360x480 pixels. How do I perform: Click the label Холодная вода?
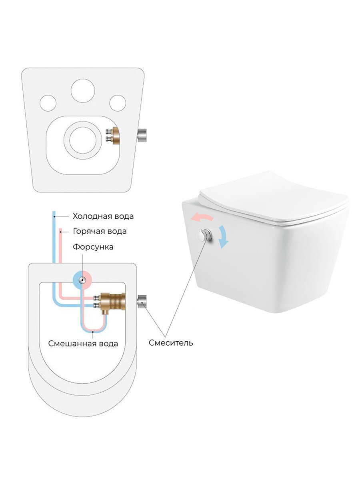(x=103, y=216)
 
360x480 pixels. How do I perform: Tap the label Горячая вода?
(x=100, y=231)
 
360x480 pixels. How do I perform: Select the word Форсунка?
(x=93, y=247)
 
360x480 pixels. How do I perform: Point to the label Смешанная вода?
(x=83, y=343)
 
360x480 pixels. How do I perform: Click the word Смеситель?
(x=171, y=343)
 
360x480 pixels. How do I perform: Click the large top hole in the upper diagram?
(x=83, y=90)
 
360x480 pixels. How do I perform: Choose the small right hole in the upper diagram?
(x=118, y=103)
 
